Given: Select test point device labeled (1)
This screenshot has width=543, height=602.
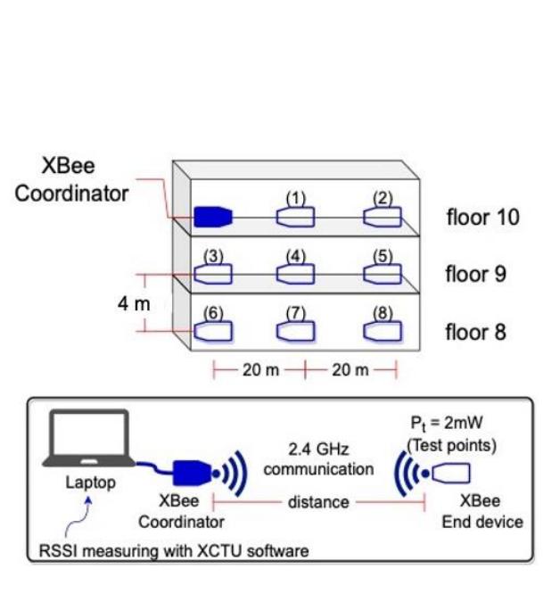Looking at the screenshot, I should tap(295, 217).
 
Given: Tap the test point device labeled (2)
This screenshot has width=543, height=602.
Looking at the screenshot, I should tap(383, 217).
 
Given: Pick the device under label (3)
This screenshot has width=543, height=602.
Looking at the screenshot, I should tap(214, 273).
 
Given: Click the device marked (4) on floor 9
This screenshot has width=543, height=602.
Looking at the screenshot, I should tap(295, 273).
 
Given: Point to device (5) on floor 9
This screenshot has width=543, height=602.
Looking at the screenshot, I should tap(383, 273).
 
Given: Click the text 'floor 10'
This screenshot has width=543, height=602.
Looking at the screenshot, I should tap(481, 218).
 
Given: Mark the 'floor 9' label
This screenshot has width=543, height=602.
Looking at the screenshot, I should tap(476, 274).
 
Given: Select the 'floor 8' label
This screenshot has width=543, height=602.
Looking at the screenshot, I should tap(476, 333).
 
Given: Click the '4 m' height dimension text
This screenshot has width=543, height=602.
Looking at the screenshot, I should tap(134, 303).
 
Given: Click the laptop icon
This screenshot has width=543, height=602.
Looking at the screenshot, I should tap(89, 441).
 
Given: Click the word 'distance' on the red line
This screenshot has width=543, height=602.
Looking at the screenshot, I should tap(318, 502).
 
